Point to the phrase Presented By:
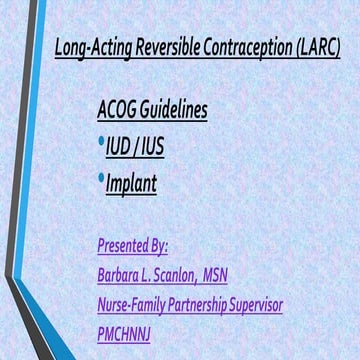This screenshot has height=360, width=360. pos(133,245)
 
